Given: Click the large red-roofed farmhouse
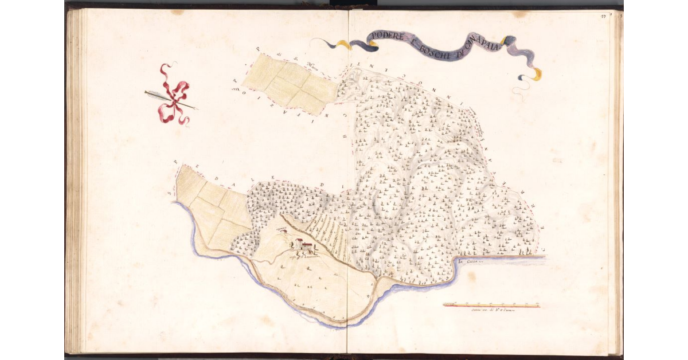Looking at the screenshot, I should [304, 245].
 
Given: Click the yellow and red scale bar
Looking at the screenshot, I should [491, 305].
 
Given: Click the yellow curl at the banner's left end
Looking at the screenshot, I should [342, 44].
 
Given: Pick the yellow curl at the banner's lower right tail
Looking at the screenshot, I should [536, 74].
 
